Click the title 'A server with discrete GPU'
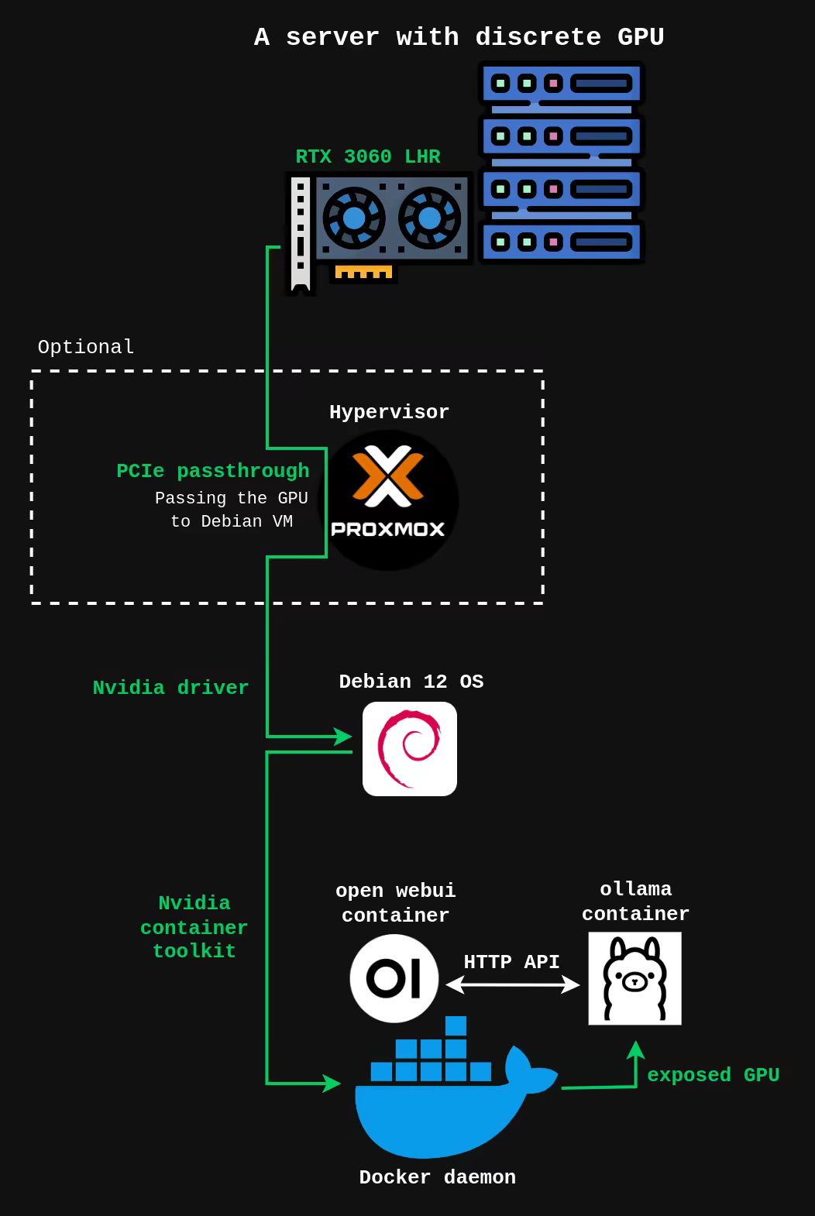click(x=459, y=37)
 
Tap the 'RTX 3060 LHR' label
click(x=368, y=156)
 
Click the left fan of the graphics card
click(x=353, y=218)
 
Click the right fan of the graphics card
click(x=429, y=218)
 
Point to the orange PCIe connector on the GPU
click(x=363, y=273)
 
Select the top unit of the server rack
click(x=562, y=84)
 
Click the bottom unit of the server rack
click(x=562, y=242)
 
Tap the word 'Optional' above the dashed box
click(x=86, y=347)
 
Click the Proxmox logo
click(x=388, y=500)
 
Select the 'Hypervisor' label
click(x=389, y=412)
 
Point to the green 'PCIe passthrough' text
click(x=213, y=471)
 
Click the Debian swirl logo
click(x=410, y=749)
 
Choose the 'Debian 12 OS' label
click(x=411, y=682)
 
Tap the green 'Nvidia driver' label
click(x=170, y=688)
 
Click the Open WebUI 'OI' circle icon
click(x=394, y=978)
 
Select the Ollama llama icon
click(x=634, y=978)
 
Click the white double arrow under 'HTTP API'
click(x=513, y=984)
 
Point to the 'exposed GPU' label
click(x=713, y=1075)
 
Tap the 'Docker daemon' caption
click(x=438, y=1177)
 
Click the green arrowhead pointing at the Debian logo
click(x=342, y=736)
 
